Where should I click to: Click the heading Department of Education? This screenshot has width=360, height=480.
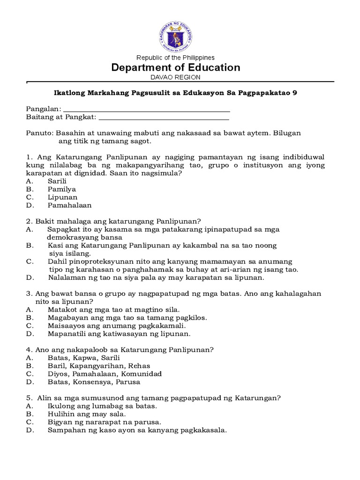[x=175, y=67]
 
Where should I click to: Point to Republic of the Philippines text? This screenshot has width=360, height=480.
[x=175, y=58]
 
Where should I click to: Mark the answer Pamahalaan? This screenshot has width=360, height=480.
[x=69, y=205]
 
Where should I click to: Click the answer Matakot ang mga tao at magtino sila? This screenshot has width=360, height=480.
[x=113, y=309]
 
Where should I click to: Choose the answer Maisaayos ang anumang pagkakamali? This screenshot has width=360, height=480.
[x=117, y=326]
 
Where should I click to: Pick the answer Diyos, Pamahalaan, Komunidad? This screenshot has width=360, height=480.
[x=105, y=374]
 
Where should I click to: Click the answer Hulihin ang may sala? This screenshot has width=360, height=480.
[x=86, y=414]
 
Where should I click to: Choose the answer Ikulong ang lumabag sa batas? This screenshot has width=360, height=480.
[x=102, y=406]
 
